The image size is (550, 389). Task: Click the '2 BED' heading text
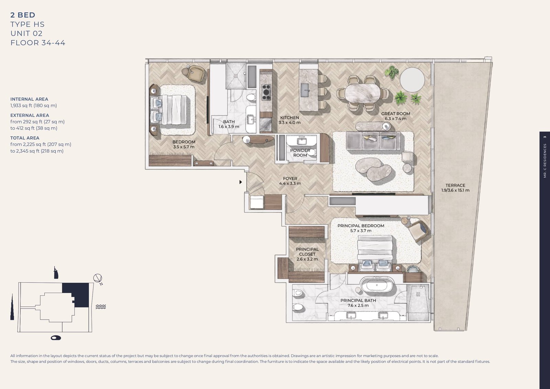pyautogui.click(x=23, y=15)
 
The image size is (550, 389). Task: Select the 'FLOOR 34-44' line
pyautogui.click(x=38, y=43)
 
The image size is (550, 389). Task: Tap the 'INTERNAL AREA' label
pyautogui.click(x=29, y=99)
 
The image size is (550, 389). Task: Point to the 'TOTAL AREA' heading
pyautogui.click(x=25, y=138)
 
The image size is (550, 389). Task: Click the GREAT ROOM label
pyautogui.click(x=395, y=116)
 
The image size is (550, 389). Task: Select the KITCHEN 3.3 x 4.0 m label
pyautogui.click(x=289, y=120)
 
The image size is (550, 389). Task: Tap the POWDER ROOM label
pyautogui.click(x=300, y=153)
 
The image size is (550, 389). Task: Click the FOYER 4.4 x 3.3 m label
pyautogui.click(x=290, y=181)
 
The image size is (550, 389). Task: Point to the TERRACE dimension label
pyautogui.click(x=455, y=188)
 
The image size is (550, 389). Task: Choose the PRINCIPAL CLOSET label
pyautogui.click(x=307, y=254)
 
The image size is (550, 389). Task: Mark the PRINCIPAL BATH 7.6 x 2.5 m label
pyautogui.click(x=358, y=303)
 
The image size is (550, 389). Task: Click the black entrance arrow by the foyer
pyautogui.click(x=241, y=182)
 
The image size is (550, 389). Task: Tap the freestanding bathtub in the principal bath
pyautogui.click(x=377, y=285)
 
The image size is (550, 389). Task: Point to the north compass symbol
pyautogui.click(x=98, y=279)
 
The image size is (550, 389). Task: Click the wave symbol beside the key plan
pyautogui.click(x=100, y=306)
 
